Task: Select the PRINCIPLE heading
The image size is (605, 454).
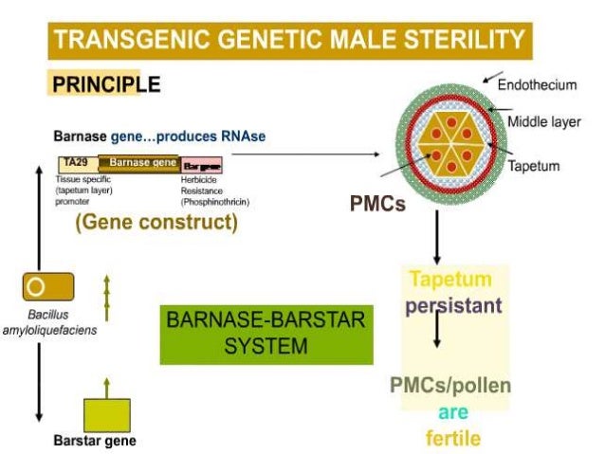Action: click(105, 84)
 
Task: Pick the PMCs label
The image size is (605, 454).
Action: click(377, 203)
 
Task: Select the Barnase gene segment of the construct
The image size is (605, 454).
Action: click(140, 163)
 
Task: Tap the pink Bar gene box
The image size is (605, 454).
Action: click(201, 164)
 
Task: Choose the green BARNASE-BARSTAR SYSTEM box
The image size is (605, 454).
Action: click(265, 333)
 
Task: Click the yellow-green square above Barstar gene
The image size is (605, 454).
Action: click(107, 414)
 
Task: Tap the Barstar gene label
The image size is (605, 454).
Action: click(95, 441)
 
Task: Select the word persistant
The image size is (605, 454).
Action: click(453, 306)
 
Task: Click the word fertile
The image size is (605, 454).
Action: click(452, 438)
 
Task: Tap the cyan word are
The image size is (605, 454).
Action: click(452, 412)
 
